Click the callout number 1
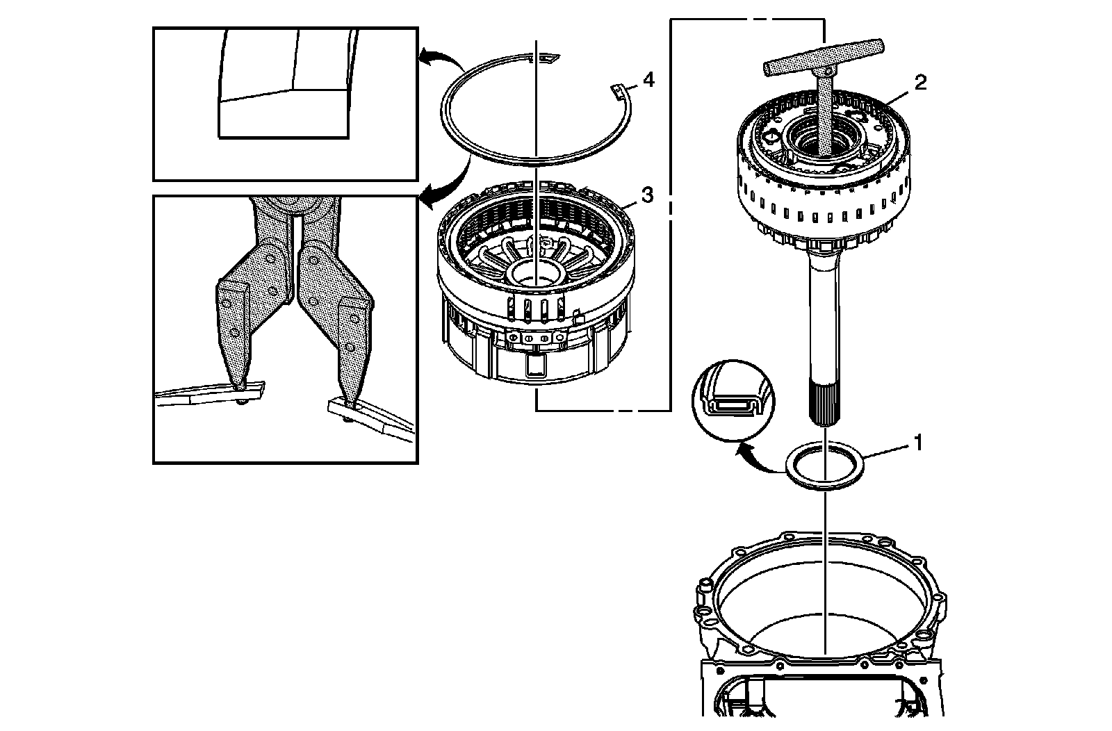[917, 442]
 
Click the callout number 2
[919, 83]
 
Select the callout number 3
[646, 195]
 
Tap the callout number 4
[648, 81]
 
